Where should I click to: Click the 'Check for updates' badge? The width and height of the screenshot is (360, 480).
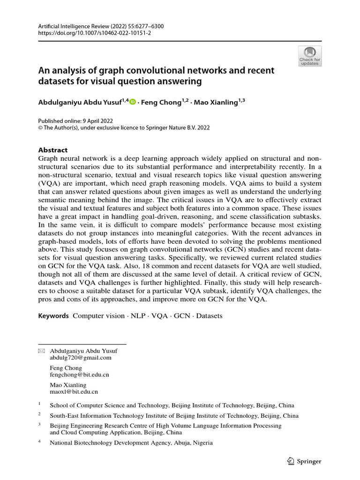click(309, 56)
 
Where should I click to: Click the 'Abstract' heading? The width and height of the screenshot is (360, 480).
click(52, 150)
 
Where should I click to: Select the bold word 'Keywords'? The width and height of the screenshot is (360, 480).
click(53, 316)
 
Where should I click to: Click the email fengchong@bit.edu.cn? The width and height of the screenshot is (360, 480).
click(79, 375)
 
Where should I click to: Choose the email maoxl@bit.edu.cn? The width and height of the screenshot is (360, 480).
click(74, 391)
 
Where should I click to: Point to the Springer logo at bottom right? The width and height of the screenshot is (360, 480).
click(304, 461)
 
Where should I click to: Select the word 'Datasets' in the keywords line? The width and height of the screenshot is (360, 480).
click(209, 316)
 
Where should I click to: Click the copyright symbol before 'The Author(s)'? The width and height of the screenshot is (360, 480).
click(40, 127)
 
